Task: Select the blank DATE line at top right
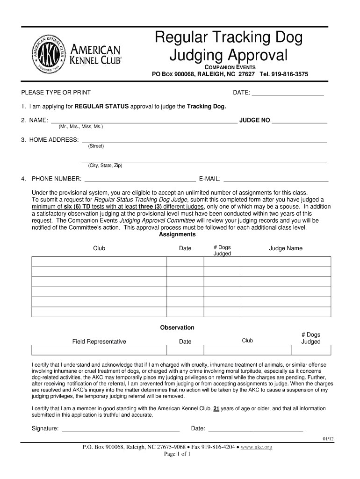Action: click(288, 93)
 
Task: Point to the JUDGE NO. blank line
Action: click(299, 121)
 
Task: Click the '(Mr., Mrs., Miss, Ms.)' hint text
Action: click(81, 127)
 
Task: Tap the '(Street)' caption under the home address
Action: click(96, 146)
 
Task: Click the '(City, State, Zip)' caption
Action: click(105, 165)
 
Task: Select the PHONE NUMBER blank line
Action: click(139, 179)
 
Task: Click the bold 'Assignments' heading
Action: click(177, 234)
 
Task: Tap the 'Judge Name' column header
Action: click(285, 248)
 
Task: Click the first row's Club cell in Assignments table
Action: click(99, 261)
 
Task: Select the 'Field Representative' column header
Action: click(99, 341)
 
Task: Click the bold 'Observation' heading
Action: click(177, 327)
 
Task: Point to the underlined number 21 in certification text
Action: click(216, 408)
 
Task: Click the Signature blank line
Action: click(121, 428)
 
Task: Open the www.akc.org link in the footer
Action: click(256, 447)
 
